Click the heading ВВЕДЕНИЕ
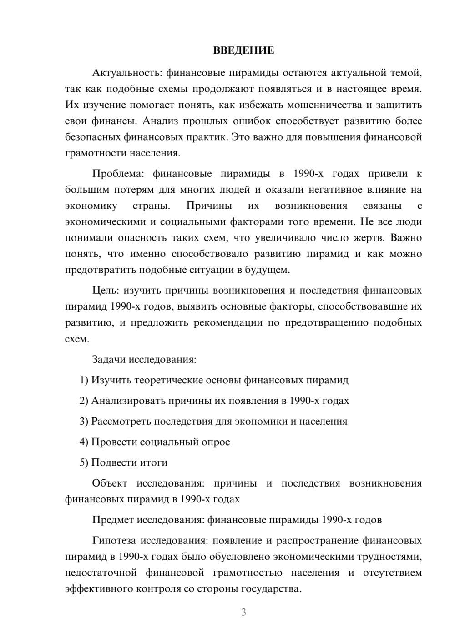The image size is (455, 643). (x=243, y=50)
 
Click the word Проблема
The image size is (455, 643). (x=119, y=174)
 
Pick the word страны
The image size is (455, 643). (x=151, y=206)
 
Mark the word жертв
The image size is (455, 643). (x=368, y=238)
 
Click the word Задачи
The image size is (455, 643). (x=109, y=360)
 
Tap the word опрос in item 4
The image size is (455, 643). (x=215, y=442)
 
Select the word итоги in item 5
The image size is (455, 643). (x=153, y=462)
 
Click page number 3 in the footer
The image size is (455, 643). (x=243, y=612)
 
